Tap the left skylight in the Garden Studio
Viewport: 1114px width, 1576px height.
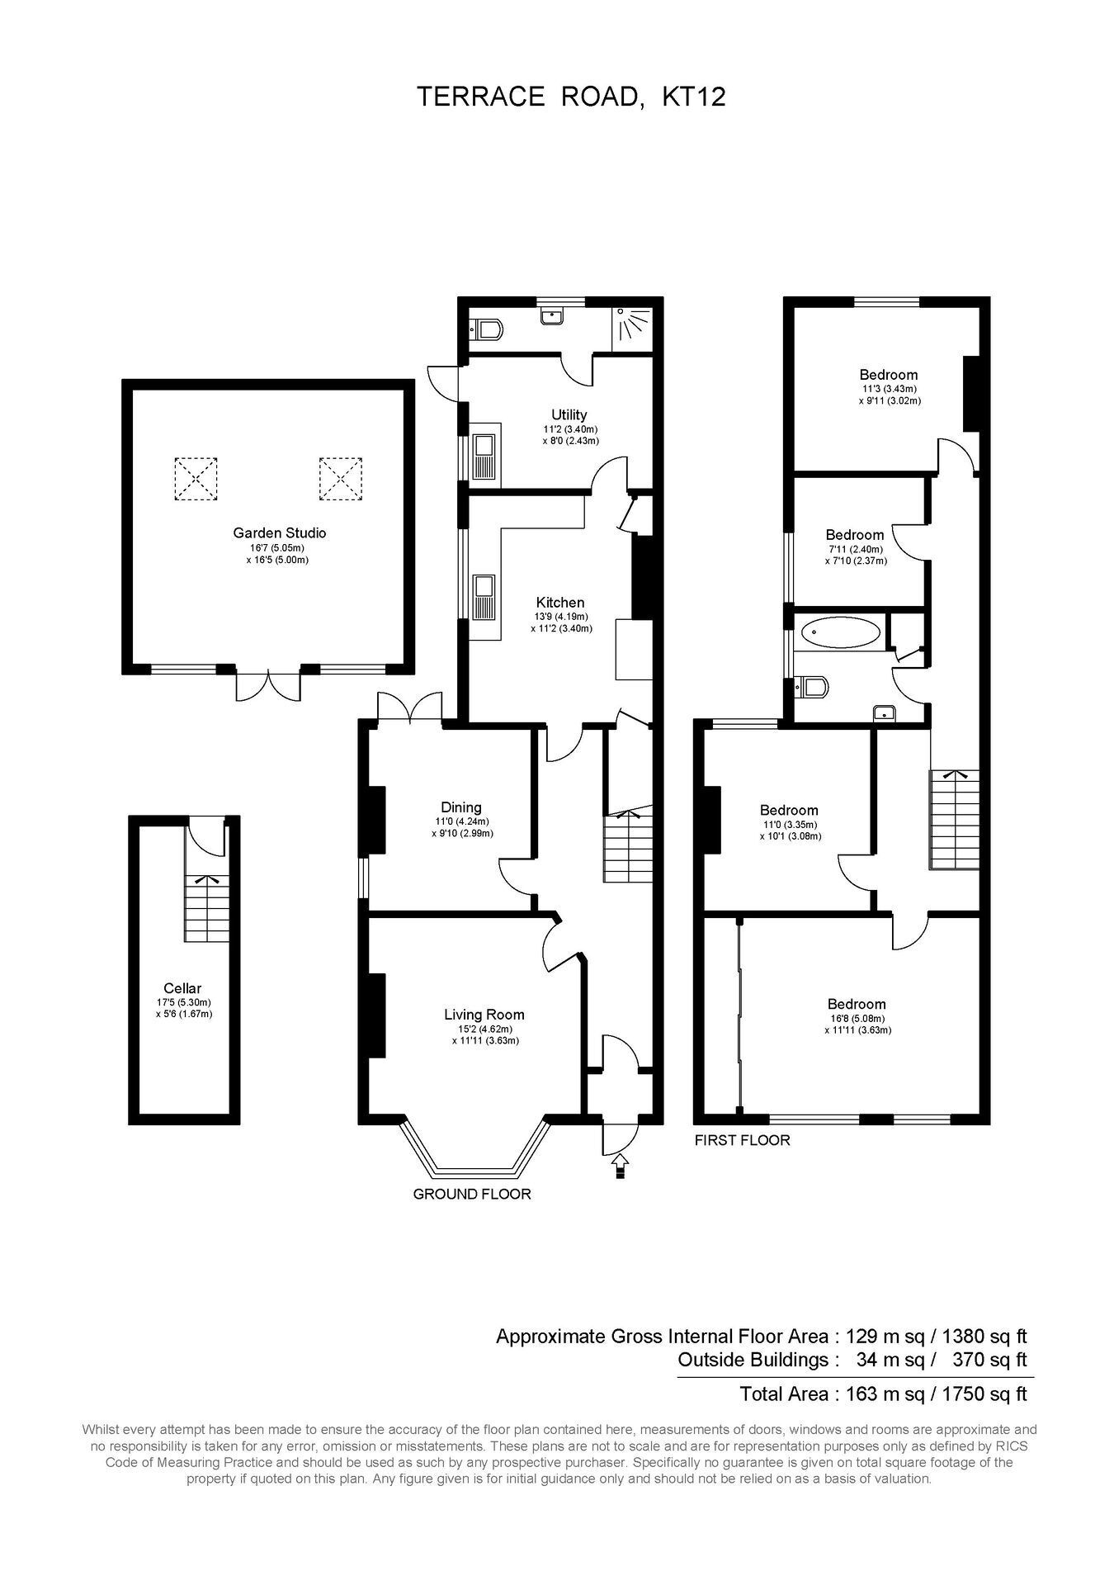pos(196,479)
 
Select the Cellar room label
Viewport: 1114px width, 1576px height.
pos(182,988)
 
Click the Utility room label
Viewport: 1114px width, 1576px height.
pos(569,414)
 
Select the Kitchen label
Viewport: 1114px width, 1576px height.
pos(560,603)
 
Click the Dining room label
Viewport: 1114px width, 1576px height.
pos(461,807)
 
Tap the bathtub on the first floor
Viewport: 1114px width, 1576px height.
pos(840,633)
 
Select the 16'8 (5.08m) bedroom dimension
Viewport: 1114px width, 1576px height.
pos(857,1018)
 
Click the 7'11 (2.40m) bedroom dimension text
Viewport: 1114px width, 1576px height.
pos(854,549)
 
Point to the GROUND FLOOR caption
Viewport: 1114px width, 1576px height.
pos(472,1194)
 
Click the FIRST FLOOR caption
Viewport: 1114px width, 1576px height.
pos(743,1140)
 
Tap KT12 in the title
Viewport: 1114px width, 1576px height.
pos(694,97)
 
